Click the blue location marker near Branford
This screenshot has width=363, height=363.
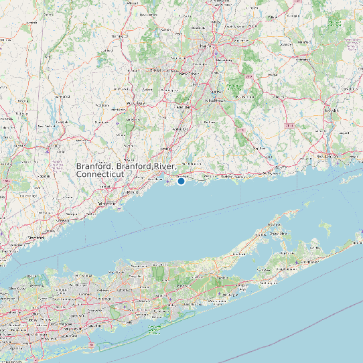click(x=181, y=181)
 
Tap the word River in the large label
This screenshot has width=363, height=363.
click(x=164, y=166)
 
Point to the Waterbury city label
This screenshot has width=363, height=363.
click(x=135, y=104)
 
